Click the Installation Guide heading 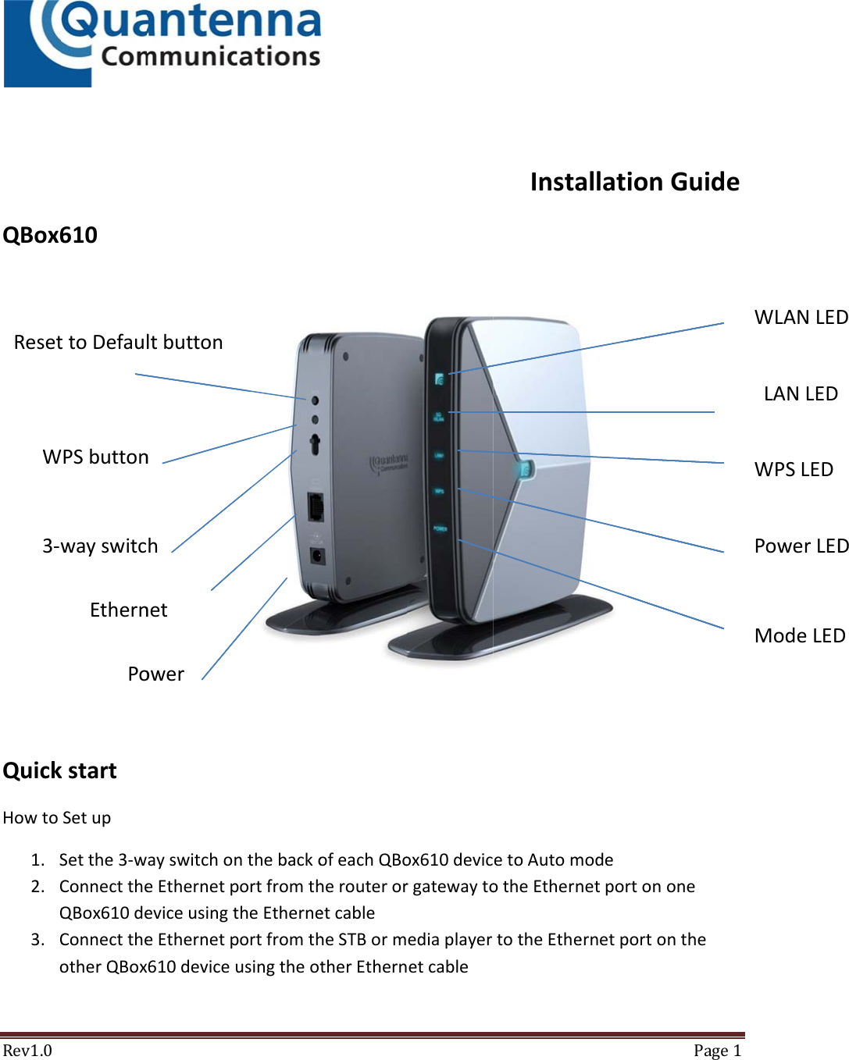[x=634, y=182]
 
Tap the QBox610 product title [x=50, y=235]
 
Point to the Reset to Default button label [x=118, y=343]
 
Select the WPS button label [x=95, y=457]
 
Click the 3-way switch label [x=100, y=546]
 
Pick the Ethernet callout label [x=128, y=610]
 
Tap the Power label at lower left [x=155, y=674]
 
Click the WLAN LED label [x=801, y=318]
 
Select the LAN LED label [x=801, y=394]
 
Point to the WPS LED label [x=794, y=470]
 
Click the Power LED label [x=801, y=546]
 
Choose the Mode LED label [x=800, y=636]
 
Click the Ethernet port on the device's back [x=316, y=507]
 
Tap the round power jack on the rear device [x=318, y=556]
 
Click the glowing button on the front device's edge [x=524, y=469]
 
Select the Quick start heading [x=59, y=771]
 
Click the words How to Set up [x=57, y=818]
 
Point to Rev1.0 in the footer [x=27, y=1051]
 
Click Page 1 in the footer [x=716, y=1051]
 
